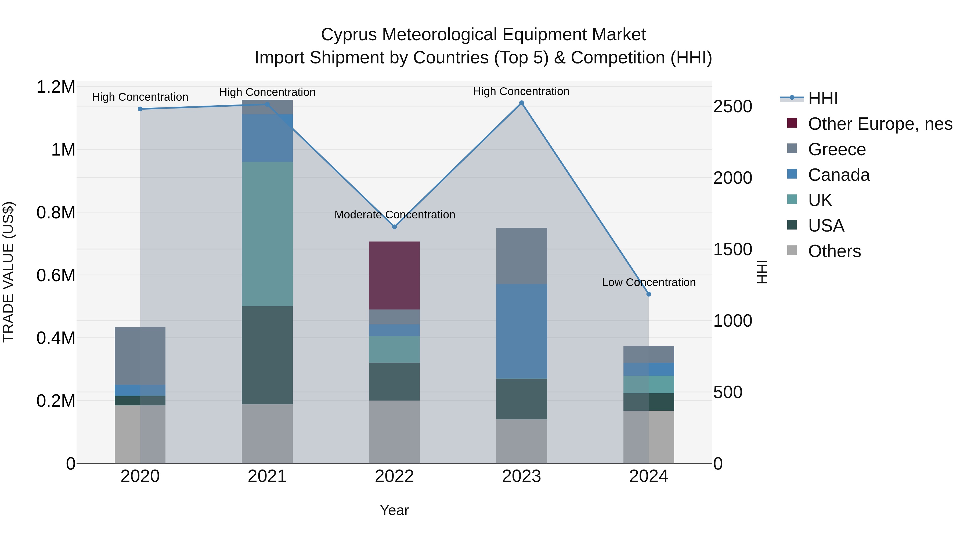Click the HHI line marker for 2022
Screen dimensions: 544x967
394,227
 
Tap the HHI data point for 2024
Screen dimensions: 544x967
649,294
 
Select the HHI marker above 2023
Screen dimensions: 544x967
521,103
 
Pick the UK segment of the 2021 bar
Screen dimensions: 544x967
267,234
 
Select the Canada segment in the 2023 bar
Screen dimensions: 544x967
521,331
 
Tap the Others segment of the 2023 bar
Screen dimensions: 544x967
521,441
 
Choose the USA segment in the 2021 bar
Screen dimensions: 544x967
267,355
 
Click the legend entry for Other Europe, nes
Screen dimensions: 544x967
880,124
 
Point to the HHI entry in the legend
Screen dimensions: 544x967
823,98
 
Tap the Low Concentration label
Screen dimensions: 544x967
649,282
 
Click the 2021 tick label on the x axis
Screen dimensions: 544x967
267,476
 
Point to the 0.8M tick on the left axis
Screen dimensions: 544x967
56,212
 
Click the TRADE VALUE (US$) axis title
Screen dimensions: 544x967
8,272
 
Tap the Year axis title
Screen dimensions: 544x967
394,510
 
